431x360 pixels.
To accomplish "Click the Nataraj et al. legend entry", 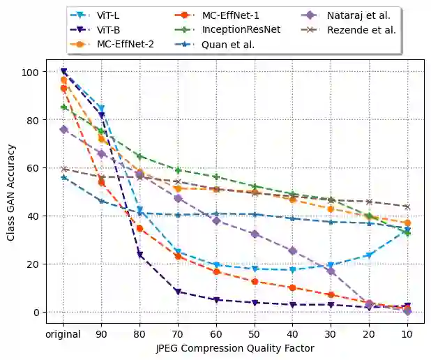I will (x=358, y=15).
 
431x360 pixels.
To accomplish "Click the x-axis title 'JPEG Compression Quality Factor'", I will (x=234, y=347).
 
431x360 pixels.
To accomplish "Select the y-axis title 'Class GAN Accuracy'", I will (x=11, y=193).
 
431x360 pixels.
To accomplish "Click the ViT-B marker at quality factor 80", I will (x=140, y=255).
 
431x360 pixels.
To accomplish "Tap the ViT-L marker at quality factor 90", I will (x=102, y=108).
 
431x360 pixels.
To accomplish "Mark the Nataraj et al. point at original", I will (x=63, y=129).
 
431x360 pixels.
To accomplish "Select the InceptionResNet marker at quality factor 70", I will (x=179, y=170).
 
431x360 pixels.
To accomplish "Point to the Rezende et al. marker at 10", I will (x=407, y=207).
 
